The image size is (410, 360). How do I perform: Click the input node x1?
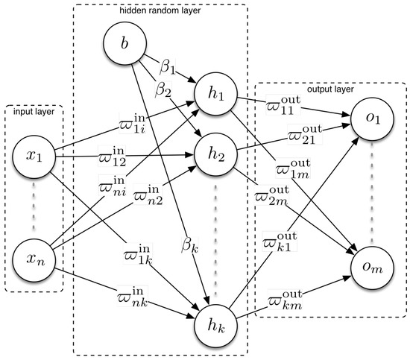33,157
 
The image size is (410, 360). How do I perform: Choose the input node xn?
33,261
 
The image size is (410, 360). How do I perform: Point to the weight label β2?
165,90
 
